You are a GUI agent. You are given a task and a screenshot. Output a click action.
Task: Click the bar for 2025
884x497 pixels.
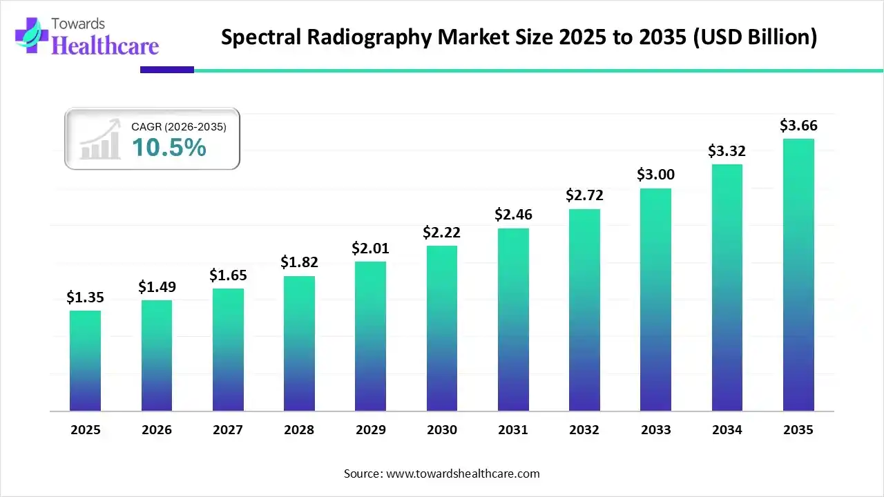pos(85,360)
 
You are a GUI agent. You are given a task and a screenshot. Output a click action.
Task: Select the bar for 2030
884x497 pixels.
pos(442,328)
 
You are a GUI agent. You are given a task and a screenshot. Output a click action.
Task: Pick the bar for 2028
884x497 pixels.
pos(299,343)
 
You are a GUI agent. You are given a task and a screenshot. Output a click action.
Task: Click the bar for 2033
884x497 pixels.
pos(655,300)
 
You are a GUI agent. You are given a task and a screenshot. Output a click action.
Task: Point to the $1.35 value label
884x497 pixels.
pos(85,298)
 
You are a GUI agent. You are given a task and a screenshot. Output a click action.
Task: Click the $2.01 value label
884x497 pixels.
pos(370,248)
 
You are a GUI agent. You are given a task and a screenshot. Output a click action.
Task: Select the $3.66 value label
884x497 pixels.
pos(798,126)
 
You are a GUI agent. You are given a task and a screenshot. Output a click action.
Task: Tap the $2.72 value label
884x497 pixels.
pos(584,195)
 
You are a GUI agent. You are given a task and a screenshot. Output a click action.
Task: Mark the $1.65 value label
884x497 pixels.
pos(228,275)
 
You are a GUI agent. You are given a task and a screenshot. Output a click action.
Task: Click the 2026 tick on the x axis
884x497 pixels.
pos(157,430)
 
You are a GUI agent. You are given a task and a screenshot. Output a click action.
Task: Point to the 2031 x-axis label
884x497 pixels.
pos(513,430)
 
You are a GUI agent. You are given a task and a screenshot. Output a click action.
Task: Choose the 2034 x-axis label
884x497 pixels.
pos(727,430)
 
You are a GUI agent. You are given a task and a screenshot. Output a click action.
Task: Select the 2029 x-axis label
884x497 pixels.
pos(370,430)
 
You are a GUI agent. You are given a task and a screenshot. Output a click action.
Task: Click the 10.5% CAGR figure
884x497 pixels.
pos(169,147)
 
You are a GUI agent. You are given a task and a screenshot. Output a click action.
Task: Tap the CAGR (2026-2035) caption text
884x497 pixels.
pos(179,126)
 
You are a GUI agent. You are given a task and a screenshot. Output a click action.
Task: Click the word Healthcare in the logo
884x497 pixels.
pos(105,46)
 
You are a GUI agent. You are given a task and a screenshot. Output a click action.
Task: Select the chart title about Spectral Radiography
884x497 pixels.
pos(519,37)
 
